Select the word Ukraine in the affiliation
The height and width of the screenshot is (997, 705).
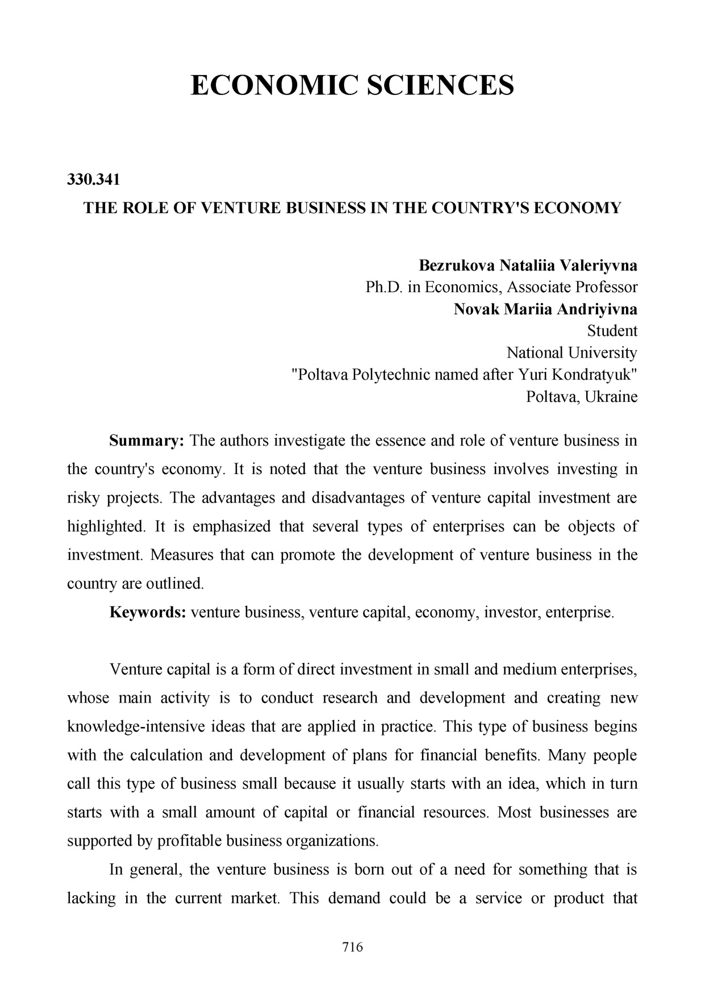click(611, 396)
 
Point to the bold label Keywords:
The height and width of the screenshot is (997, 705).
click(148, 613)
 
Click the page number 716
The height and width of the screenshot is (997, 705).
click(352, 947)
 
